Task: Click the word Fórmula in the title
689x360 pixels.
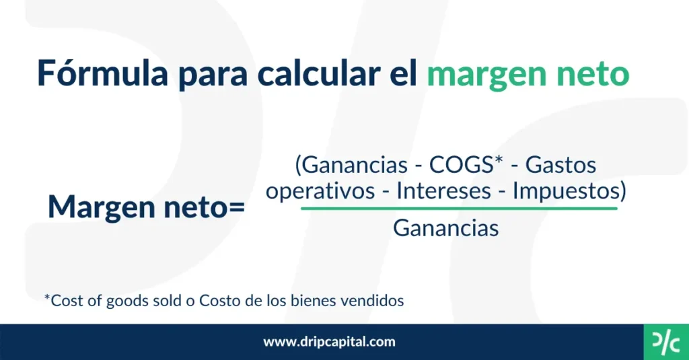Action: point(103,73)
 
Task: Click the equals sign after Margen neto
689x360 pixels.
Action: point(237,207)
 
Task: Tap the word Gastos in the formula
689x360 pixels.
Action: point(560,165)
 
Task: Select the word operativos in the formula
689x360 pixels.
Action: point(320,191)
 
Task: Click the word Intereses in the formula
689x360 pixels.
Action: point(444,191)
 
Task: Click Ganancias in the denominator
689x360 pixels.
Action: point(445,228)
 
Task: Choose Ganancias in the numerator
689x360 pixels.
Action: point(355,165)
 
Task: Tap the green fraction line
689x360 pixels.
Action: point(459,209)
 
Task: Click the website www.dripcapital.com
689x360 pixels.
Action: point(329,342)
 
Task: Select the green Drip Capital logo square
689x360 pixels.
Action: point(666,342)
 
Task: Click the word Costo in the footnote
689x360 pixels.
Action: point(219,301)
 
